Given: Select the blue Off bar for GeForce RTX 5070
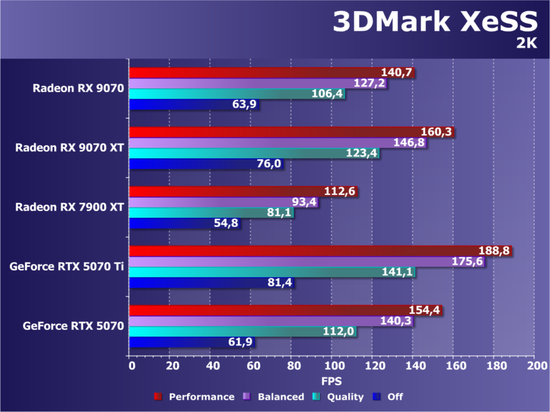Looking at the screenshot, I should pos(183,342).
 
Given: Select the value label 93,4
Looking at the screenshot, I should pos(304,202).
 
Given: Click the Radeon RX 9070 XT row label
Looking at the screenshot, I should pos(70,148).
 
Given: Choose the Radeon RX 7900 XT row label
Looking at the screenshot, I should pos(70,207).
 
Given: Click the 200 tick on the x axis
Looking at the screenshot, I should pos(534,366).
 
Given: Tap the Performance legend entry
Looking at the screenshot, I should pos(194,397).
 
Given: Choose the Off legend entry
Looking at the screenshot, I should pos(389,397).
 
